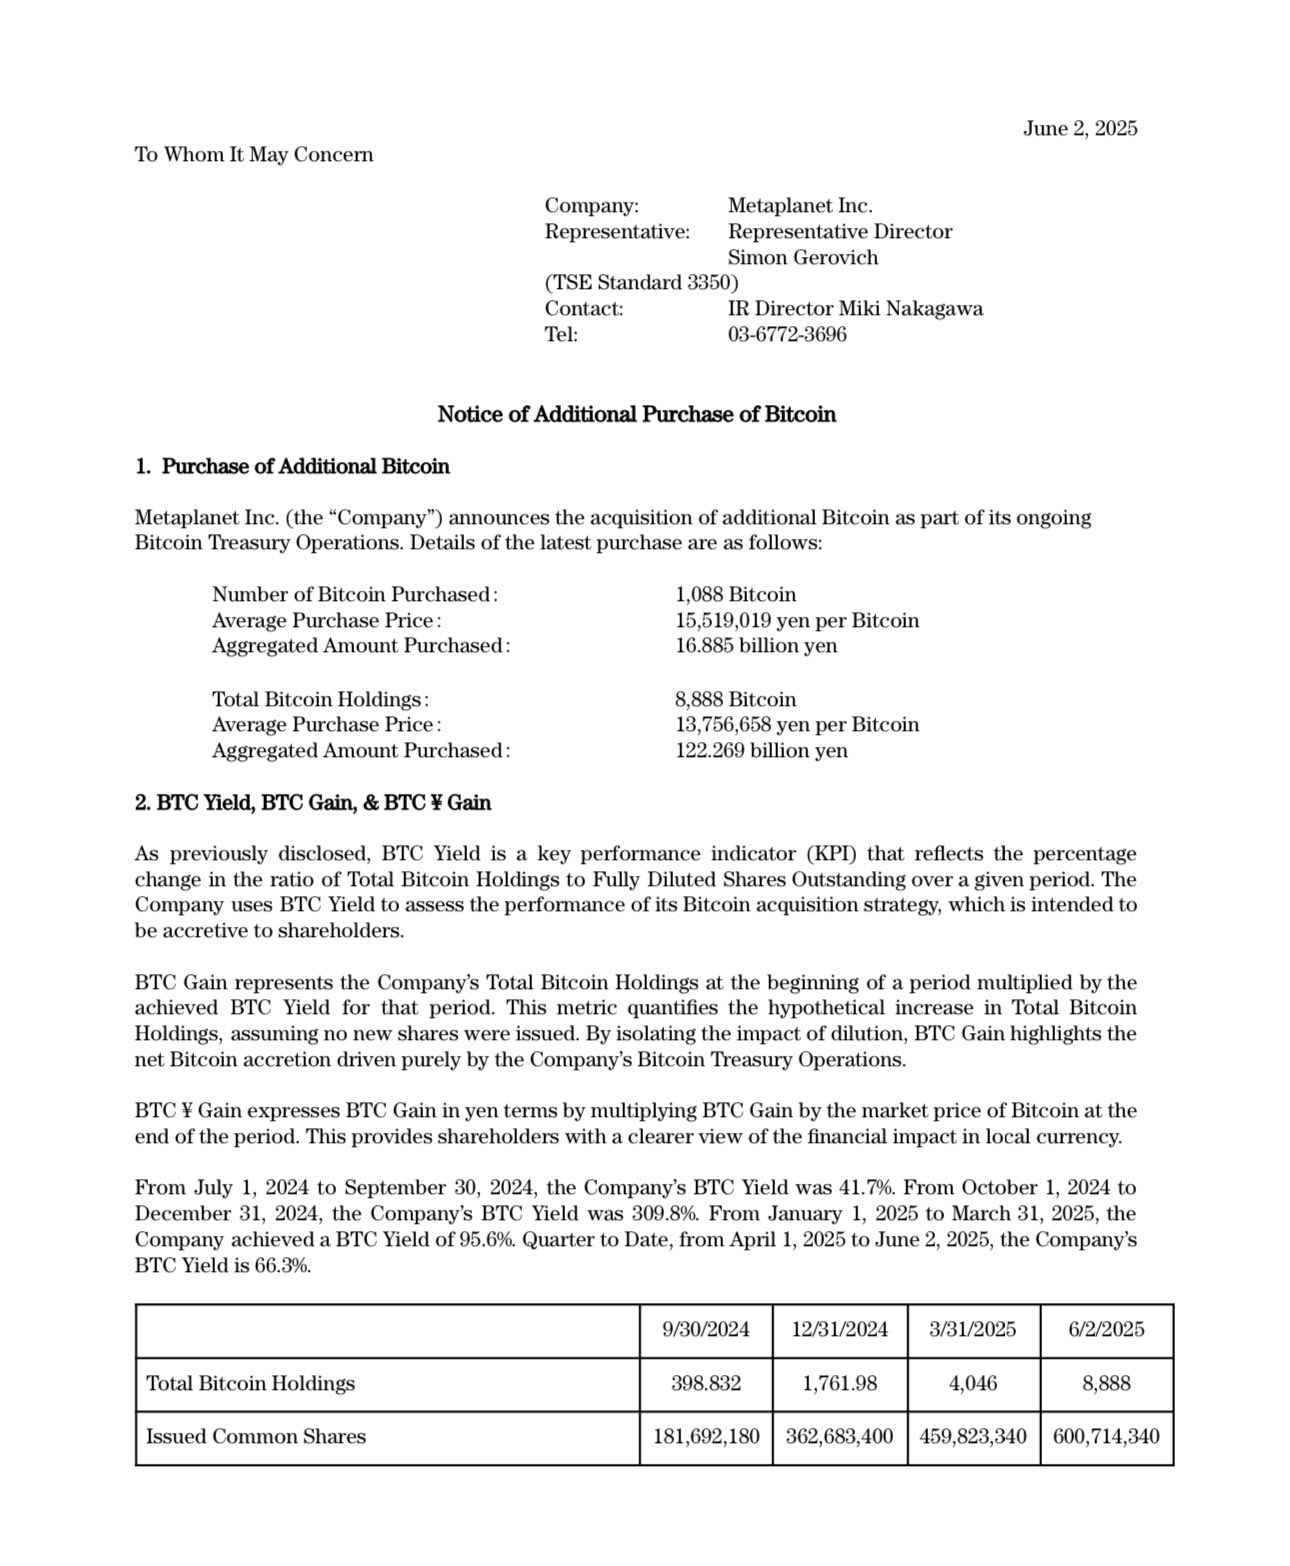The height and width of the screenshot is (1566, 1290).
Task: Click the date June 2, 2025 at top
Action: point(1079,128)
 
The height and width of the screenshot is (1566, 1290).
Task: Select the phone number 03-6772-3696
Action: point(786,334)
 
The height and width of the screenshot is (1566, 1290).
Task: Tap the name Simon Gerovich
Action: point(802,257)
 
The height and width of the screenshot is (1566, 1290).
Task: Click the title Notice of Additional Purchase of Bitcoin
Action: point(636,414)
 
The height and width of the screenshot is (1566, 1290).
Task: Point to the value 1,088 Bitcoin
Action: point(735,594)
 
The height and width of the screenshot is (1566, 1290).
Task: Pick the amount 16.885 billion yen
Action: point(756,645)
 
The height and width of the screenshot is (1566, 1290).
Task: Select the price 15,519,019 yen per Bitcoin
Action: point(796,620)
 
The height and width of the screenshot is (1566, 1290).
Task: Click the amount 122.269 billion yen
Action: point(761,750)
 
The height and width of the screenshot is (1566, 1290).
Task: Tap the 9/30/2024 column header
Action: point(705,1329)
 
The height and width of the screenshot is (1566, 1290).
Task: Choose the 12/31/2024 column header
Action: point(839,1329)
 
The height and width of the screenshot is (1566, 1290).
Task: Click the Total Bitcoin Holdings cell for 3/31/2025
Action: point(972,1383)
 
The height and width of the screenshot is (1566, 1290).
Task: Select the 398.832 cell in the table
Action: point(705,1383)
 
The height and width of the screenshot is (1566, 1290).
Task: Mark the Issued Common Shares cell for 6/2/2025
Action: point(1106,1436)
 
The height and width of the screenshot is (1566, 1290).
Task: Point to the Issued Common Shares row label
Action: point(256,1436)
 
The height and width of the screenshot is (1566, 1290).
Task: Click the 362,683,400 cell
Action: point(839,1436)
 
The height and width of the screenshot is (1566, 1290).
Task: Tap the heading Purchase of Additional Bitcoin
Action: point(305,466)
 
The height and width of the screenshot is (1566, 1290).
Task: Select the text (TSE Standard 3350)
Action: point(641,282)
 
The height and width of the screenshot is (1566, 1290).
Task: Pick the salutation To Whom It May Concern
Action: point(254,154)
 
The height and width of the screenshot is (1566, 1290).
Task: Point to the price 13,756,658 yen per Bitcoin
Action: point(796,724)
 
